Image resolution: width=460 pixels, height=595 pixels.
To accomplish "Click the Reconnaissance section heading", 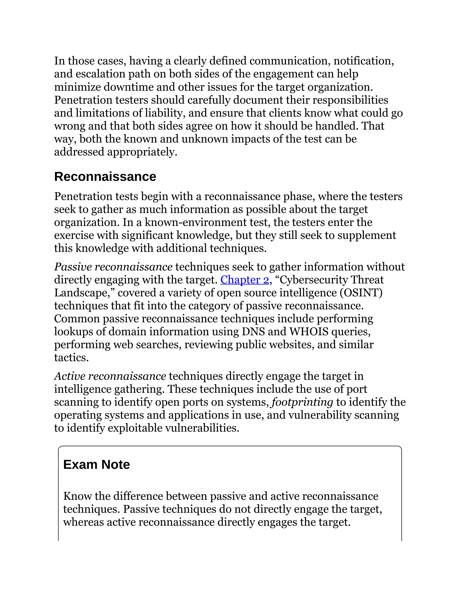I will click(x=105, y=176).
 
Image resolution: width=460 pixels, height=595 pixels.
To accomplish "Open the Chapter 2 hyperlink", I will click(x=244, y=280).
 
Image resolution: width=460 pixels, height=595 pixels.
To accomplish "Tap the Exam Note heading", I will click(x=96, y=465).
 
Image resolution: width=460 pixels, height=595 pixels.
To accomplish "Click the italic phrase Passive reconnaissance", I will click(x=113, y=267).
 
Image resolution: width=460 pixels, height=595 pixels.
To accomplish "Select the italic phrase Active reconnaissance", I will click(x=110, y=376).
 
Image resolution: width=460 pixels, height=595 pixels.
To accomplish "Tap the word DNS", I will click(x=253, y=332).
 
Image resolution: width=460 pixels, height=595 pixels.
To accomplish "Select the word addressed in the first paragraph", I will click(x=79, y=152).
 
